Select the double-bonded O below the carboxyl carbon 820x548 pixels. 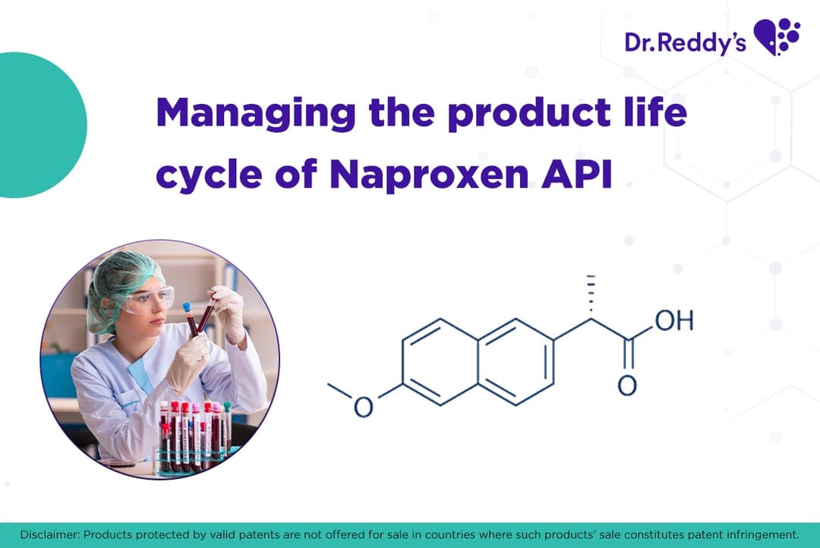[x=627, y=386]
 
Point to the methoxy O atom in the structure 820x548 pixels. [x=364, y=407]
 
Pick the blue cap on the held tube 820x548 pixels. [x=187, y=307]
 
